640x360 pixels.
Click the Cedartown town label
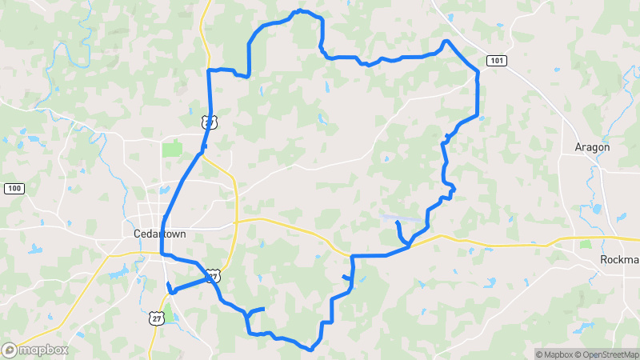pos(158,234)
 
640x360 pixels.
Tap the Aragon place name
pos(592,147)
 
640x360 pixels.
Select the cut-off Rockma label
pos(620,261)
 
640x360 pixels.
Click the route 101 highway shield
pos(496,61)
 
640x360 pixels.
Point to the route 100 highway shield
pos(13,189)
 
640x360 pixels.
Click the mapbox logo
pos(35,350)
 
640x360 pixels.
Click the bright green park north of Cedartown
pos(172,149)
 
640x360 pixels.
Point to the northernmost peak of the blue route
pos(300,11)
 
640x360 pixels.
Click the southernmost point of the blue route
pos(310,350)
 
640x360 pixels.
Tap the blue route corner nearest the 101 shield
pos(478,72)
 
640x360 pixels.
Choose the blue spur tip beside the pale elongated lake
pos(397,222)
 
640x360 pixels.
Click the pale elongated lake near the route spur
pos(392,216)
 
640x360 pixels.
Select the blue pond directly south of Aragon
pos(596,210)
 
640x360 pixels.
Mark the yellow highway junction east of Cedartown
pos(237,219)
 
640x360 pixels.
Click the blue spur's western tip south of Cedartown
pos(168,284)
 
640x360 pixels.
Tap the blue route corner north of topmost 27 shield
pos(210,71)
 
